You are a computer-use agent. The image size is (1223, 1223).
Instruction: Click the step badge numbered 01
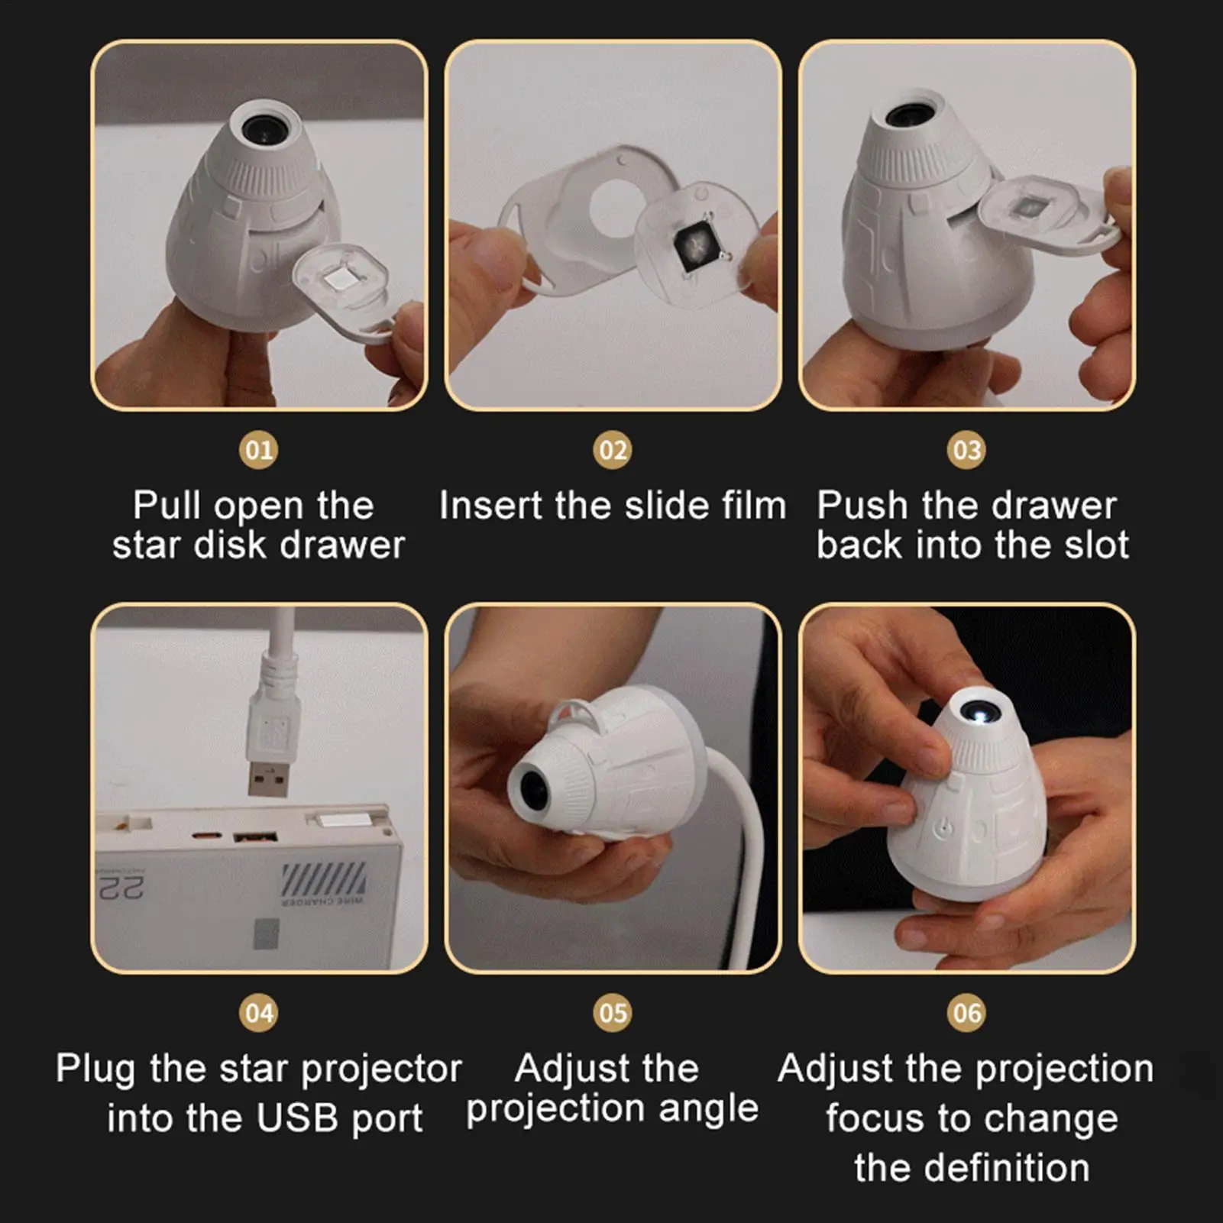259,450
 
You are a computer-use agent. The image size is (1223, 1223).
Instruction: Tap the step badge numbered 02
613,450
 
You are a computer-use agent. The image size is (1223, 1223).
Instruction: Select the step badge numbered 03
966,450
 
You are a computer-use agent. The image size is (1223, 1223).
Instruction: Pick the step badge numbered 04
259,1013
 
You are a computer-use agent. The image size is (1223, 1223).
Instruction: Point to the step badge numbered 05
613,1013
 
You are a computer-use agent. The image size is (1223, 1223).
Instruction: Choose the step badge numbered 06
966,1013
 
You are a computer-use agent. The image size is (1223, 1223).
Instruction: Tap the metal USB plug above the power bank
269,773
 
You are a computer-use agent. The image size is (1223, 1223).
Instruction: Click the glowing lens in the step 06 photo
982,713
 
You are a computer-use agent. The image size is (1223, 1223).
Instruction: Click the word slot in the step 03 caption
1093,545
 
